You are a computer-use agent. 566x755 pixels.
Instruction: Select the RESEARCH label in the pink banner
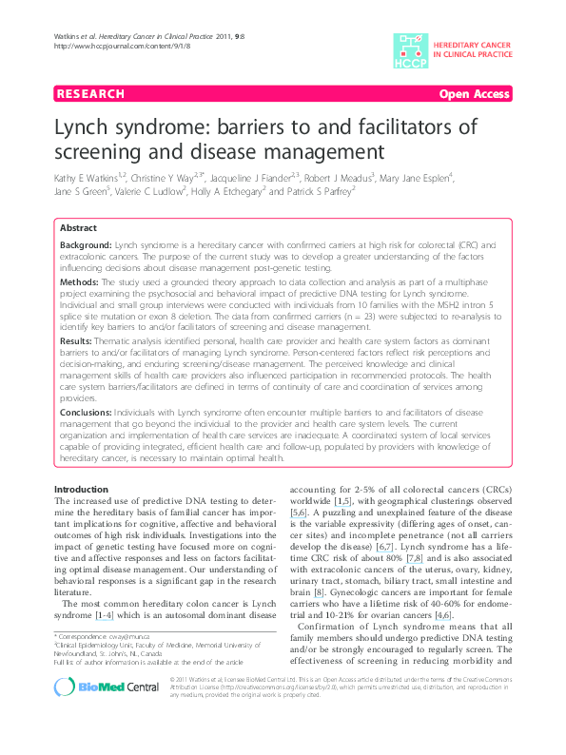coord(90,94)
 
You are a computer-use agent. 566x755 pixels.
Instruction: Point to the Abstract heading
coord(78,228)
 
